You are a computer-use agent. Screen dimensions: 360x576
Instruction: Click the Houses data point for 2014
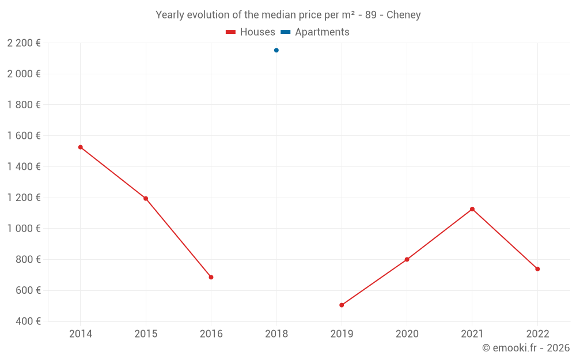[x=81, y=147]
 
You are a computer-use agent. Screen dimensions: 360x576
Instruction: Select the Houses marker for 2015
[x=146, y=199]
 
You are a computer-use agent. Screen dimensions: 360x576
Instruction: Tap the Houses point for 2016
[x=211, y=277]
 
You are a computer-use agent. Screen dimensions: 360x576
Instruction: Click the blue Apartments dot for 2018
[x=276, y=50]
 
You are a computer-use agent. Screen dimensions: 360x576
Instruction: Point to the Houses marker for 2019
[x=342, y=305]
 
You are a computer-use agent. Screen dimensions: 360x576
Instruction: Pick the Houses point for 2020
[x=407, y=259]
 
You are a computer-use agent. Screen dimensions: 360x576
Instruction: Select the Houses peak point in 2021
[x=472, y=209]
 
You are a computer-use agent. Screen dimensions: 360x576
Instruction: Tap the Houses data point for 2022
[x=537, y=269]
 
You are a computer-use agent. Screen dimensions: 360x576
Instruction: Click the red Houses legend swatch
[x=231, y=32]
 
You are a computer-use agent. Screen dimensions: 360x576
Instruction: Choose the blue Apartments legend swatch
[x=286, y=32]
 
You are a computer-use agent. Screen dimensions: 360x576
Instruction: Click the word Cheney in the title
[x=404, y=15]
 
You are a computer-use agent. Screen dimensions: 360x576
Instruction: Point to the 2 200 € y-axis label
[x=24, y=43]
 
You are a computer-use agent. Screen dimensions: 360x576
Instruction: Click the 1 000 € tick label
[x=24, y=229]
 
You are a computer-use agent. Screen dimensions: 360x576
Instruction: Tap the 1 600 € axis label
[x=24, y=136]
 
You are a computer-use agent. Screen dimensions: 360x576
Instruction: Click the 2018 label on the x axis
[x=276, y=334]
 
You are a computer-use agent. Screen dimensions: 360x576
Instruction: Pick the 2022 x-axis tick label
[x=537, y=334]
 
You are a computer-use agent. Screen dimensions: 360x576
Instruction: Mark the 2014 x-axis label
[x=81, y=334]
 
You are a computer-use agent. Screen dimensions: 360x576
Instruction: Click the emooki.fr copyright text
[x=526, y=348]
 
